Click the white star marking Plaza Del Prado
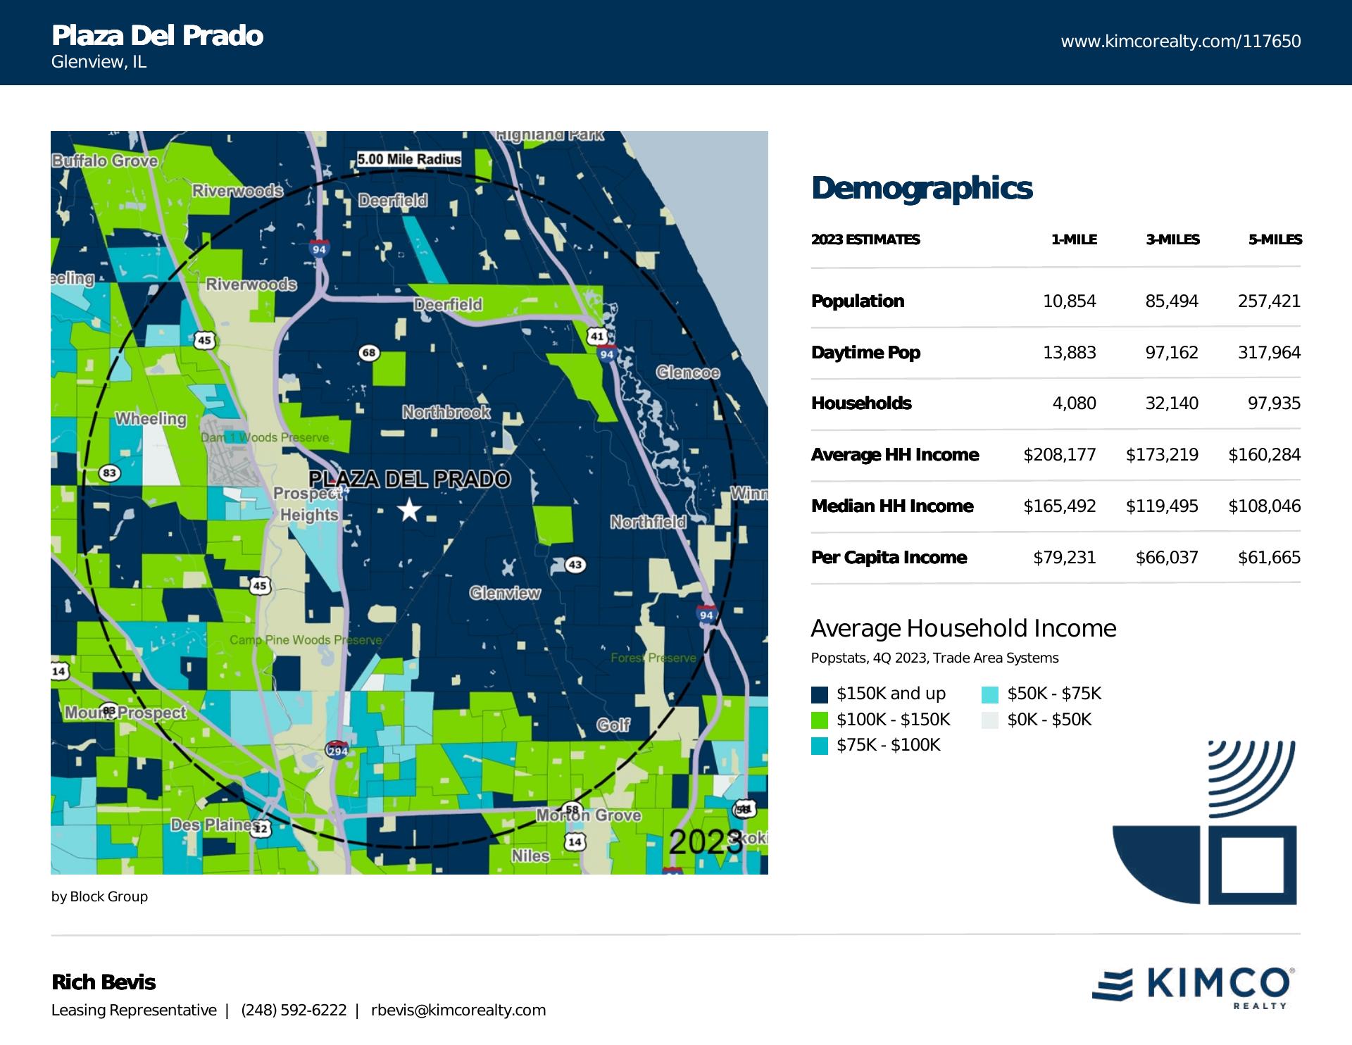click(x=409, y=510)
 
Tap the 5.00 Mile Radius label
click(x=408, y=159)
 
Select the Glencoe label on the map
click(x=687, y=373)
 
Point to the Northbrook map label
click(x=446, y=412)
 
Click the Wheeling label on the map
click(x=151, y=419)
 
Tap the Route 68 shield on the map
click(x=369, y=352)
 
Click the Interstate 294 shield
click(x=337, y=751)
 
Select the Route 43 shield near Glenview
click(x=575, y=565)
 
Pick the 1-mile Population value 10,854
click(x=1069, y=301)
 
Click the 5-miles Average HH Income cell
click(x=1264, y=455)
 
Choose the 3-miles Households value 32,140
click(x=1172, y=403)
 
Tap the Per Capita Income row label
click(x=889, y=558)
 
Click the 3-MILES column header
click(x=1172, y=240)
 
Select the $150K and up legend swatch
click(x=819, y=694)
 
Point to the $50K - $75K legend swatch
click(x=989, y=694)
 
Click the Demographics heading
click(x=922, y=189)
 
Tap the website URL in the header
click(x=1180, y=42)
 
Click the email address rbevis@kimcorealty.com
click(x=458, y=1010)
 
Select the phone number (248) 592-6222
click(x=294, y=1010)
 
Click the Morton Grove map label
click(x=589, y=815)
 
